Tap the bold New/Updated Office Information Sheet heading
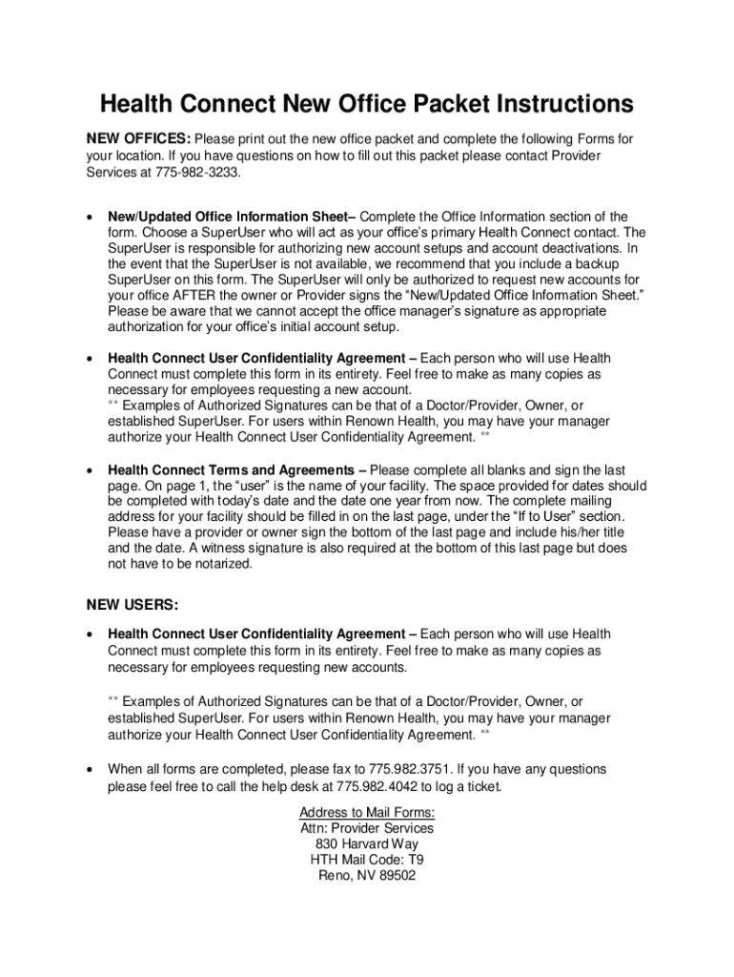coord(231,217)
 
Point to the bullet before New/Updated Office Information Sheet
coord(90,218)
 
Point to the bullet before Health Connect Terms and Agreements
coord(90,471)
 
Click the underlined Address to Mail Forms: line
coord(367,812)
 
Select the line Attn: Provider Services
coord(367,828)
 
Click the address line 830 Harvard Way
coord(367,844)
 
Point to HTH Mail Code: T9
coord(367,860)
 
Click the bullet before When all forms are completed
coord(90,770)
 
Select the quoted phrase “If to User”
coord(537,517)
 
